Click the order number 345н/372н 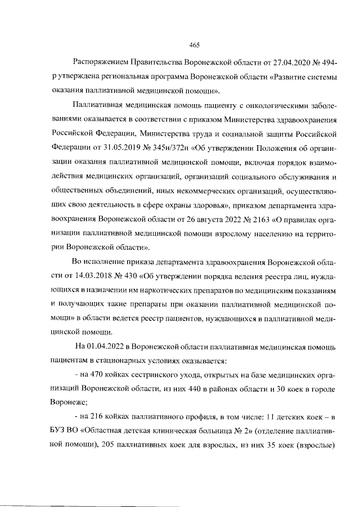click(170, 149)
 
